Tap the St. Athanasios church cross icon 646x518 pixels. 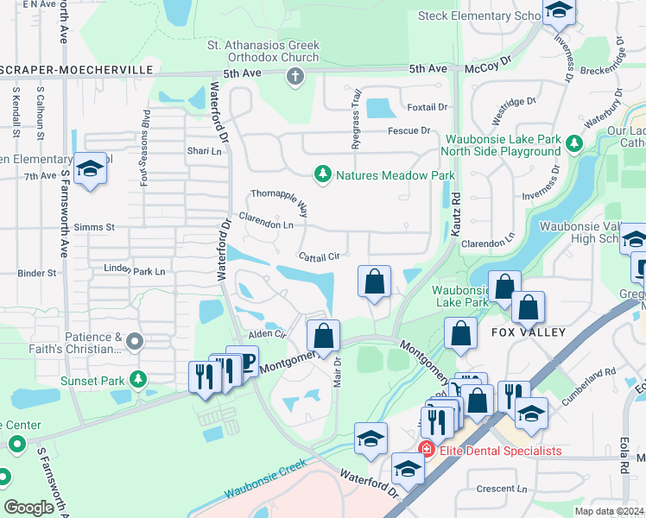coord(294,78)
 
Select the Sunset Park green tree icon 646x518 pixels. coord(137,379)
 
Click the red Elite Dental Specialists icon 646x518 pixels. coord(425,450)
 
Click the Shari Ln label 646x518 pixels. coord(205,151)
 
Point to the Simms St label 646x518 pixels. coord(98,227)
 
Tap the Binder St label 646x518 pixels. coord(37,273)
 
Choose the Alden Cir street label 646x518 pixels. coord(266,333)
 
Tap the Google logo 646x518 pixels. coord(28,508)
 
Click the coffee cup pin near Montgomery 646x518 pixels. coord(242,361)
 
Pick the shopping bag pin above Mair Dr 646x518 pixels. coord(323,336)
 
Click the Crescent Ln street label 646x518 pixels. coord(496,489)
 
